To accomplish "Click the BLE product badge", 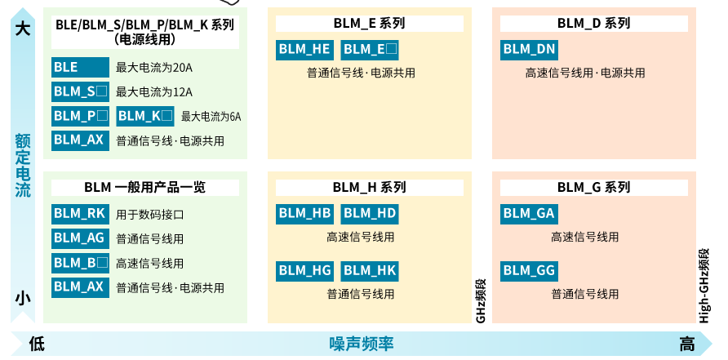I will (80, 67).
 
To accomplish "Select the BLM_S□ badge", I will (80, 91).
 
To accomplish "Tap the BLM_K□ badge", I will (145, 116).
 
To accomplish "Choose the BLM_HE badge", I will (304, 49).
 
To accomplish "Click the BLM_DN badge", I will (529, 49).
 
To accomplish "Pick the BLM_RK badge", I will (80, 214).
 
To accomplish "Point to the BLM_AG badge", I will (80, 238).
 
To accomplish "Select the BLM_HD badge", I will (369, 214).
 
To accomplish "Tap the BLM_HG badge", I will (304, 270).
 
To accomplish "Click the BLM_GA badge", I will (529, 214).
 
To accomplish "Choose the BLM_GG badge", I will (529, 270).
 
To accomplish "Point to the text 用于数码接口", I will (150, 216).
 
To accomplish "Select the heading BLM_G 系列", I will (593, 188).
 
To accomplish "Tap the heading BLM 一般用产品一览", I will (144, 188).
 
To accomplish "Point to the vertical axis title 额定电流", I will (23, 166).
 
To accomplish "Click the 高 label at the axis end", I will (687, 344).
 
